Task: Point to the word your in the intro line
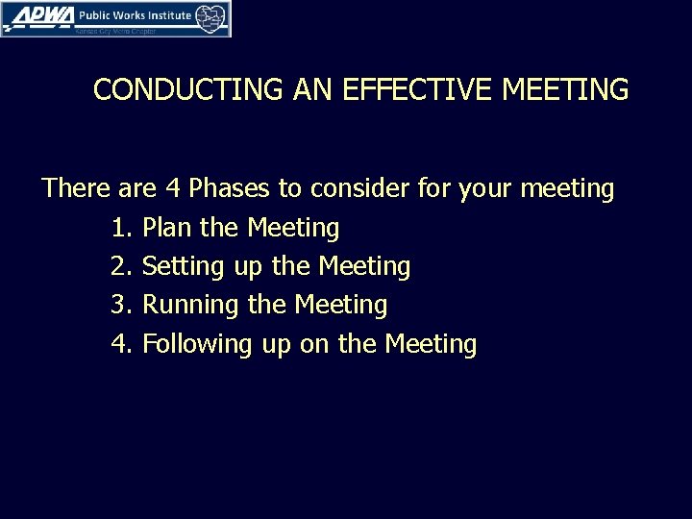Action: [x=488, y=189]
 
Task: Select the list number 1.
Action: [x=119, y=228]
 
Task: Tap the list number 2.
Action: [x=119, y=266]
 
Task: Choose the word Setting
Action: [x=185, y=267]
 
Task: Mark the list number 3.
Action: [x=119, y=305]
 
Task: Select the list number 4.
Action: [x=119, y=343]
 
